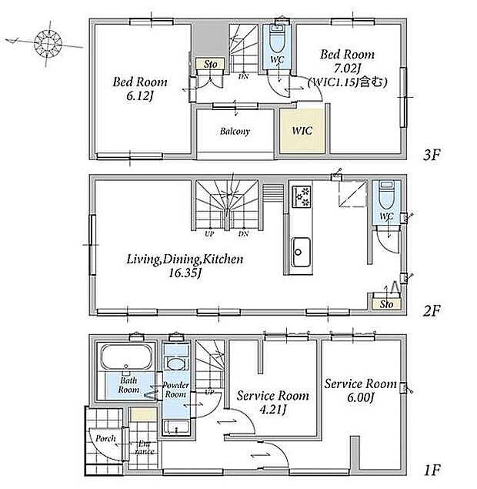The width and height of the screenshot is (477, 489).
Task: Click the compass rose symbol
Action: tap(48, 43)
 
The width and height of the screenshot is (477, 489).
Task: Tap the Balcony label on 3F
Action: tap(235, 131)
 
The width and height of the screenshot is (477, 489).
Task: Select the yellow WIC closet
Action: tap(302, 131)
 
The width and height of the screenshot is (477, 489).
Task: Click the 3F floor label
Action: tap(432, 155)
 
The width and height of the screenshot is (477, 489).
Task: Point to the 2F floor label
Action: tap(432, 310)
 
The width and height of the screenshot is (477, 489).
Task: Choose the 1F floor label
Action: tap(432, 470)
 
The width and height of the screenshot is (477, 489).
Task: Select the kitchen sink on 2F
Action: tap(301, 252)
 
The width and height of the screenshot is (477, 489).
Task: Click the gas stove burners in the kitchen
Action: tap(302, 196)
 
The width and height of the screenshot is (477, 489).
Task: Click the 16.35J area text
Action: tap(185, 273)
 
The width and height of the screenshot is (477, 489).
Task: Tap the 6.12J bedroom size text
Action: tap(140, 96)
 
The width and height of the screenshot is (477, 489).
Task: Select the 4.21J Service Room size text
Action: tap(273, 410)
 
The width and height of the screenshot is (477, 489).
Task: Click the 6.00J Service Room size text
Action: tap(361, 397)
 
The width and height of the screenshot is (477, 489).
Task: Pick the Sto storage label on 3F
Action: tap(210, 65)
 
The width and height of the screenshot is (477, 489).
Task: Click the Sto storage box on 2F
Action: tap(386, 303)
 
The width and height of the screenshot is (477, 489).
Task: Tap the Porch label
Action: tap(105, 439)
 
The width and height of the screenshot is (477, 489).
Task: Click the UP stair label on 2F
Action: tap(209, 233)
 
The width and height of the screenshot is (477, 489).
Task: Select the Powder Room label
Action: tap(175, 390)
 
